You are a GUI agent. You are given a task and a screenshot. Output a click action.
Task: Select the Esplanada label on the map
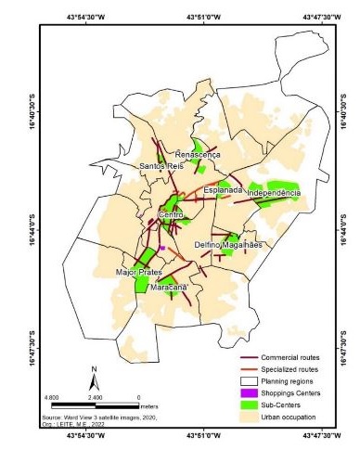(223, 190)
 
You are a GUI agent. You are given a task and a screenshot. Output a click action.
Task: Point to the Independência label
(273, 193)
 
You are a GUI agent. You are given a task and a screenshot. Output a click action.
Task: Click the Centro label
(172, 215)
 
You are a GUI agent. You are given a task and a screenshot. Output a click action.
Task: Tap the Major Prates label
(139, 273)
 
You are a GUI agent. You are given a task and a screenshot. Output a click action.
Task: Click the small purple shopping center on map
(162, 248)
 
